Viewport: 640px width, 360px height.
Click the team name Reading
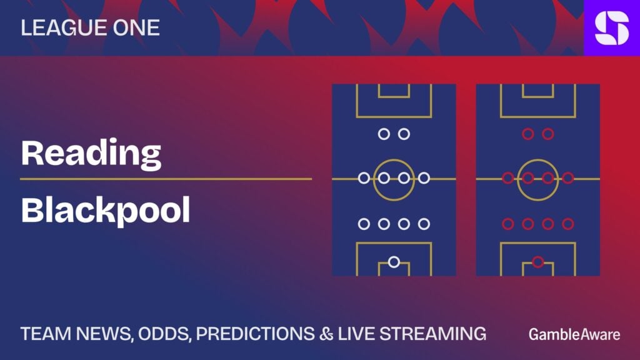pyautogui.click(x=91, y=154)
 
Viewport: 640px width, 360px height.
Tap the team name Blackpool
pyautogui.click(x=105, y=210)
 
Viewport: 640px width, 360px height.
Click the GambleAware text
pyautogui.click(x=574, y=335)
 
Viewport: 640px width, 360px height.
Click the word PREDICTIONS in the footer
pyautogui.click(x=256, y=334)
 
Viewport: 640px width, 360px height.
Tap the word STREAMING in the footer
pyautogui.click(x=433, y=334)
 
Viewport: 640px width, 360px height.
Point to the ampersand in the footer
pyautogui.click(x=326, y=334)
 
